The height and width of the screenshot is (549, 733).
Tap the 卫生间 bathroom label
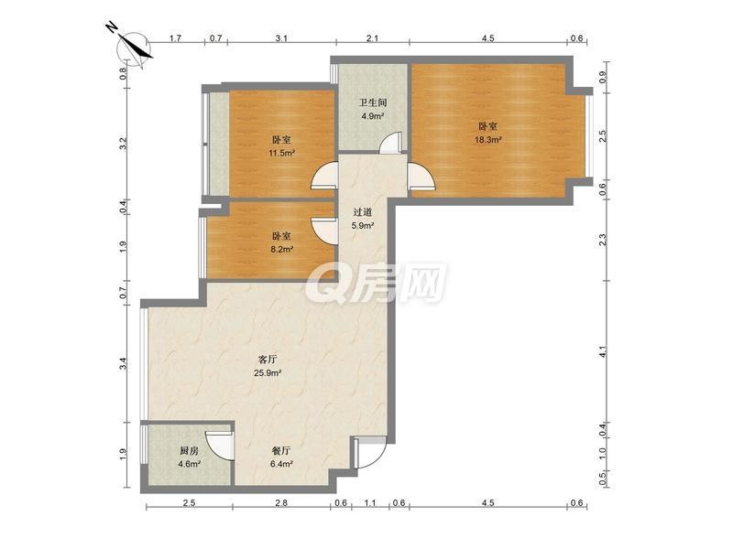click(x=373, y=102)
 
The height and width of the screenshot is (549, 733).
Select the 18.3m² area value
click(x=488, y=140)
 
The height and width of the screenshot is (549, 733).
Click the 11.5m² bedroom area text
click(x=281, y=153)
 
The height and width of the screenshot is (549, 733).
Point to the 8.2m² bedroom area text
click(x=281, y=249)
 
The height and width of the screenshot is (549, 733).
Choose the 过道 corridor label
click(x=363, y=212)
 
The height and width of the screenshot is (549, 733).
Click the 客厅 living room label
click(x=268, y=360)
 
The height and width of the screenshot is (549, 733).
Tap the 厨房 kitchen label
click(x=190, y=451)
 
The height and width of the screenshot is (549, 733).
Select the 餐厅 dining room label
click(x=281, y=451)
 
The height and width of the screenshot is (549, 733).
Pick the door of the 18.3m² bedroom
click(x=421, y=177)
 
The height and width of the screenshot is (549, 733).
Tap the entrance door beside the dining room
click(x=369, y=453)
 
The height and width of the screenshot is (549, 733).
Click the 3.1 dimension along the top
click(x=281, y=38)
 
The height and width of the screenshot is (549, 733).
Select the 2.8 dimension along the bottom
click(x=281, y=503)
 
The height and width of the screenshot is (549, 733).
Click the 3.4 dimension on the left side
click(x=123, y=363)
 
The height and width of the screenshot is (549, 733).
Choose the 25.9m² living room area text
click(x=268, y=373)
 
